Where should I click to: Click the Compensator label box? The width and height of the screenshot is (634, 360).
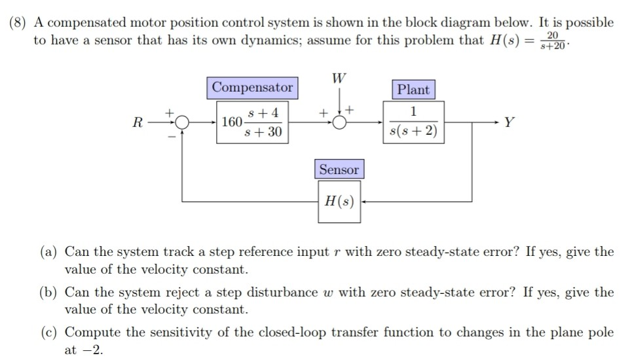coord(253,87)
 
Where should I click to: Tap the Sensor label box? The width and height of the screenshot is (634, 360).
coord(339,170)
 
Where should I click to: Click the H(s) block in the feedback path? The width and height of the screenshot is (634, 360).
coord(339,199)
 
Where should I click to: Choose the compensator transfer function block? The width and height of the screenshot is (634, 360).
coord(253,122)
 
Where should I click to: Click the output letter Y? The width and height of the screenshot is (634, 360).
coord(510,122)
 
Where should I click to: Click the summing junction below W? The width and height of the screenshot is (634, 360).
coord(339,122)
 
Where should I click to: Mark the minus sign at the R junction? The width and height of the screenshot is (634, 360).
coord(172,135)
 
